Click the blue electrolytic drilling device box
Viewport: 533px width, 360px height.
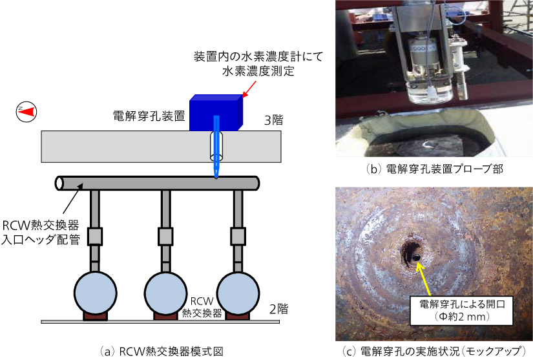click(216, 114)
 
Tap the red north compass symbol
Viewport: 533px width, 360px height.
click(26, 112)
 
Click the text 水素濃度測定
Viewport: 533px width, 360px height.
click(258, 71)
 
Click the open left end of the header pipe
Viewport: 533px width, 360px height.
click(60, 183)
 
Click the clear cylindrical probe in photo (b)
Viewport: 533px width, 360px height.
click(428, 91)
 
